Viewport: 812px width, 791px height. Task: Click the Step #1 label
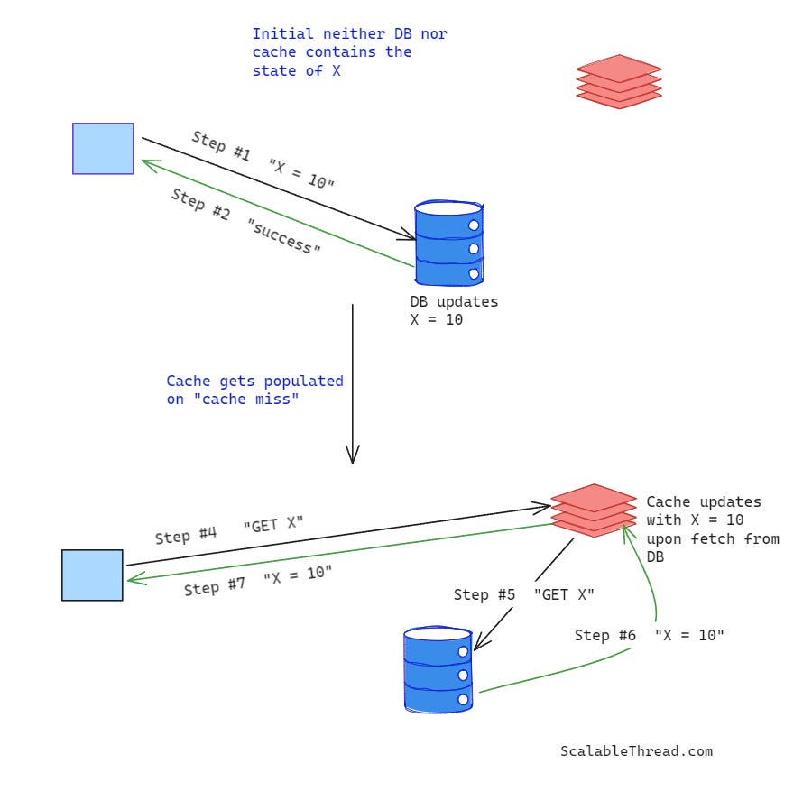[x=221, y=146]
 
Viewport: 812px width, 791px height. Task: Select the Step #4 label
[x=186, y=535]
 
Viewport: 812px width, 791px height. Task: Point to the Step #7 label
[x=215, y=586]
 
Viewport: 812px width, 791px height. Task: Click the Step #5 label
[x=484, y=595]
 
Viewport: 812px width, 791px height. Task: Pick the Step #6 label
[x=604, y=636]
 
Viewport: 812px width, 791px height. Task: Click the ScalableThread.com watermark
[x=636, y=750]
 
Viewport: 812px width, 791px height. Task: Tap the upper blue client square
[x=103, y=148]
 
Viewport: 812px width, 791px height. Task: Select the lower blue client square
[x=92, y=575]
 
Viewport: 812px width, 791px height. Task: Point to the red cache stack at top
[x=619, y=81]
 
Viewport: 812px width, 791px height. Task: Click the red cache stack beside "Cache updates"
[x=594, y=510]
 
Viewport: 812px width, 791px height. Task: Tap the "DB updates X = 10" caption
[x=454, y=310]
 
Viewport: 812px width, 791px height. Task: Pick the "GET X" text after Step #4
[x=273, y=525]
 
